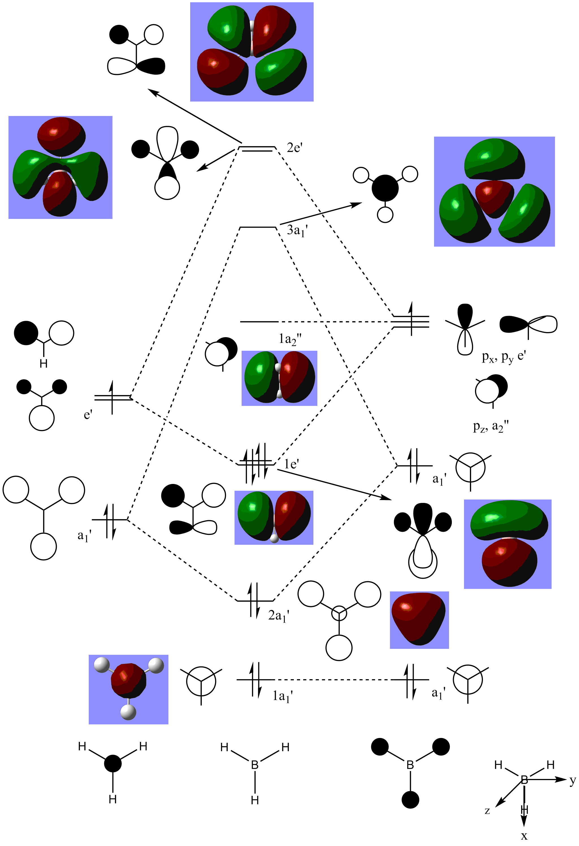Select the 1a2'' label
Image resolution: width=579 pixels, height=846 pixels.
pyautogui.click(x=290, y=339)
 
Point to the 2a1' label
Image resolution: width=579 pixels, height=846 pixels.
pyautogui.click(x=278, y=615)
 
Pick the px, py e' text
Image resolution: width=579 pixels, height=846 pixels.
pyautogui.click(x=503, y=357)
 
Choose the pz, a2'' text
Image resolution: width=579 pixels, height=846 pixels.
pyautogui.click(x=491, y=426)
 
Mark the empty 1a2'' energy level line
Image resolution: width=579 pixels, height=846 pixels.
pyautogui.click(x=259, y=322)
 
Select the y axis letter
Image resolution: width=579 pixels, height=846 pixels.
pyautogui.click(x=573, y=780)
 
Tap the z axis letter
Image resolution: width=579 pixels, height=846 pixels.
pyautogui.click(x=487, y=810)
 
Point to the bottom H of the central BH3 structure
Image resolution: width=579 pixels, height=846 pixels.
pyautogui.click(x=255, y=800)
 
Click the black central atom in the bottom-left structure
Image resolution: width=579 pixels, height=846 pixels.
pyautogui.click(x=113, y=763)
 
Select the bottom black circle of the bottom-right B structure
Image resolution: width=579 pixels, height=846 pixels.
pyautogui.click(x=410, y=800)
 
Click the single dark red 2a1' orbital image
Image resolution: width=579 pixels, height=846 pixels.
pyautogui.click(x=419, y=620)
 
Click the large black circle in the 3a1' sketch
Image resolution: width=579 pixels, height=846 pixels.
pyautogui.click(x=385, y=188)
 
